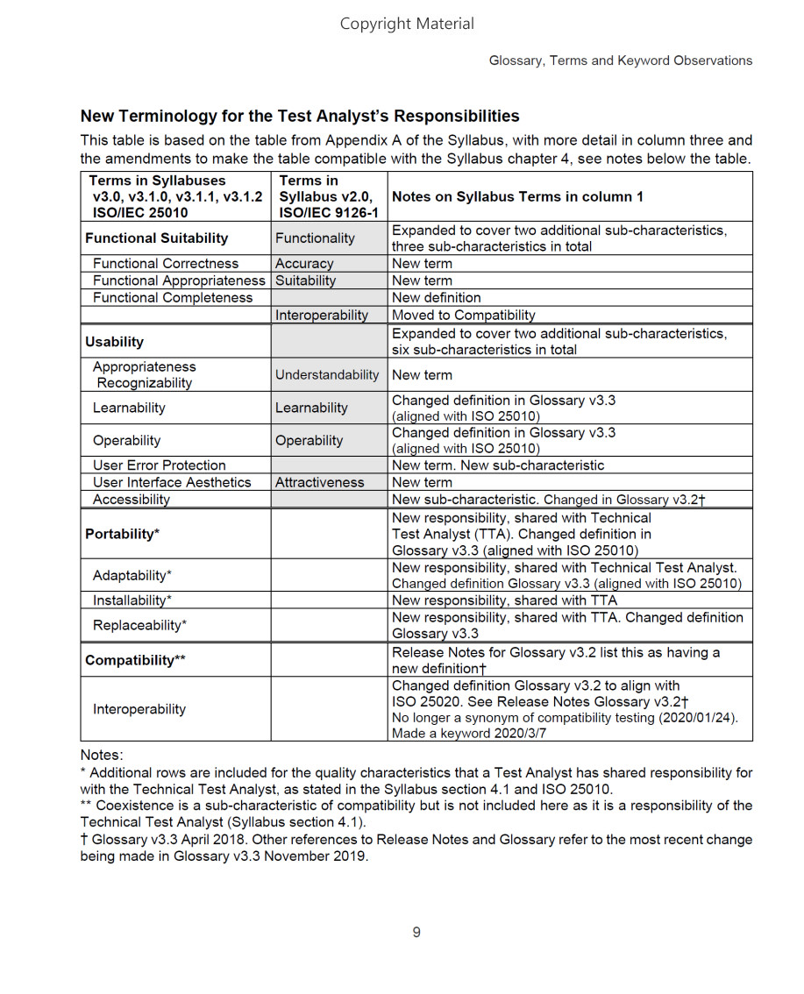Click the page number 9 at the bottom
(x=416, y=932)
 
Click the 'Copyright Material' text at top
(x=407, y=24)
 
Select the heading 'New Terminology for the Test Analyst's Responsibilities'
(x=300, y=116)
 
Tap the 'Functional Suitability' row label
(x=156, y=238)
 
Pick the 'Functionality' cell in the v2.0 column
(x=315, y=238)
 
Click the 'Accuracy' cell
(x=304, y=264)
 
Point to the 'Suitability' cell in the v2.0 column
(x=305, y=280)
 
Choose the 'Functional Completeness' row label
(x=173, y=298)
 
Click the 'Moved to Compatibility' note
(x=463, y=315)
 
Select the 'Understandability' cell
(x=327, y=375)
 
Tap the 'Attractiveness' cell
(x=319, y=482)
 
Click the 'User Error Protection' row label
(x=159, y=465)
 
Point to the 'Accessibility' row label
(x=132, y=500)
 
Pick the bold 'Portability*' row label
(x=122, y=534)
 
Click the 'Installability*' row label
(x=132, y=600)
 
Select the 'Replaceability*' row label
(x=140, y=626)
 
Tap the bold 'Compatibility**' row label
(x=135, y=660)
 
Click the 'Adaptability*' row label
(x=132, y=576)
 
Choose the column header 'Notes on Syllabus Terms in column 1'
(x=517, y=196)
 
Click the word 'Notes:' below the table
(x=102, y=755)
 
